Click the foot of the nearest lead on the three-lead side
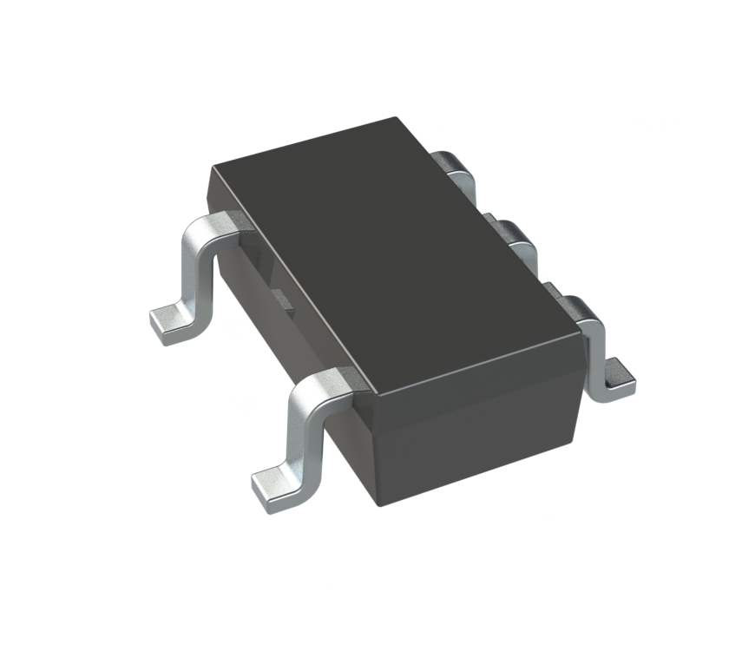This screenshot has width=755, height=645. point(618,378)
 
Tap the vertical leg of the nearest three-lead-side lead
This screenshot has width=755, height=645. point(598,347)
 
